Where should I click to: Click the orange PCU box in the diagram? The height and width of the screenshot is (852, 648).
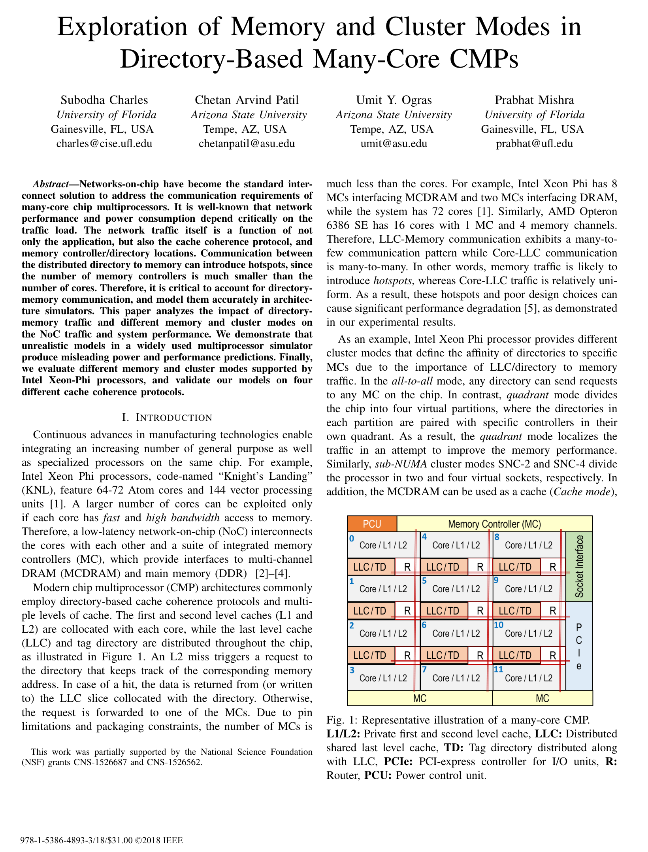[372, 524]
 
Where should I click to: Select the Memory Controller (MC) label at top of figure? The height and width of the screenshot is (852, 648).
[494, 524]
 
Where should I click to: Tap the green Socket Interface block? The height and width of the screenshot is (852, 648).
[579, 566]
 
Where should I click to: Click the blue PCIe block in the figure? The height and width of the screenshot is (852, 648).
[579, 646]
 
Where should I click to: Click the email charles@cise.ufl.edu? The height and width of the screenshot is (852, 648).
[104, 143]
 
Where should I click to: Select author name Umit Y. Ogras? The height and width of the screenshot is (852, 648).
[394, 100]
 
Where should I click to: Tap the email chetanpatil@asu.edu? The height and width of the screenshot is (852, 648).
[247, 143]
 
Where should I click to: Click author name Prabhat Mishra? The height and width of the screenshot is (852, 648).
[534, 100]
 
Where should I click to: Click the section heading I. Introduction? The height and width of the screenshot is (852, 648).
[167, 417]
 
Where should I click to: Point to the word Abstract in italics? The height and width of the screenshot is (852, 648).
[51, 184]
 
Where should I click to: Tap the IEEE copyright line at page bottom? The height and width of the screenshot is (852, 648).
[102, 840]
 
